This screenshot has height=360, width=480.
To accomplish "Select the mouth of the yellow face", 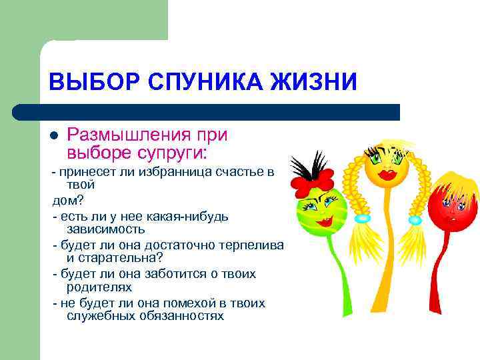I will pyautogui.click(x=386, y=179).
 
